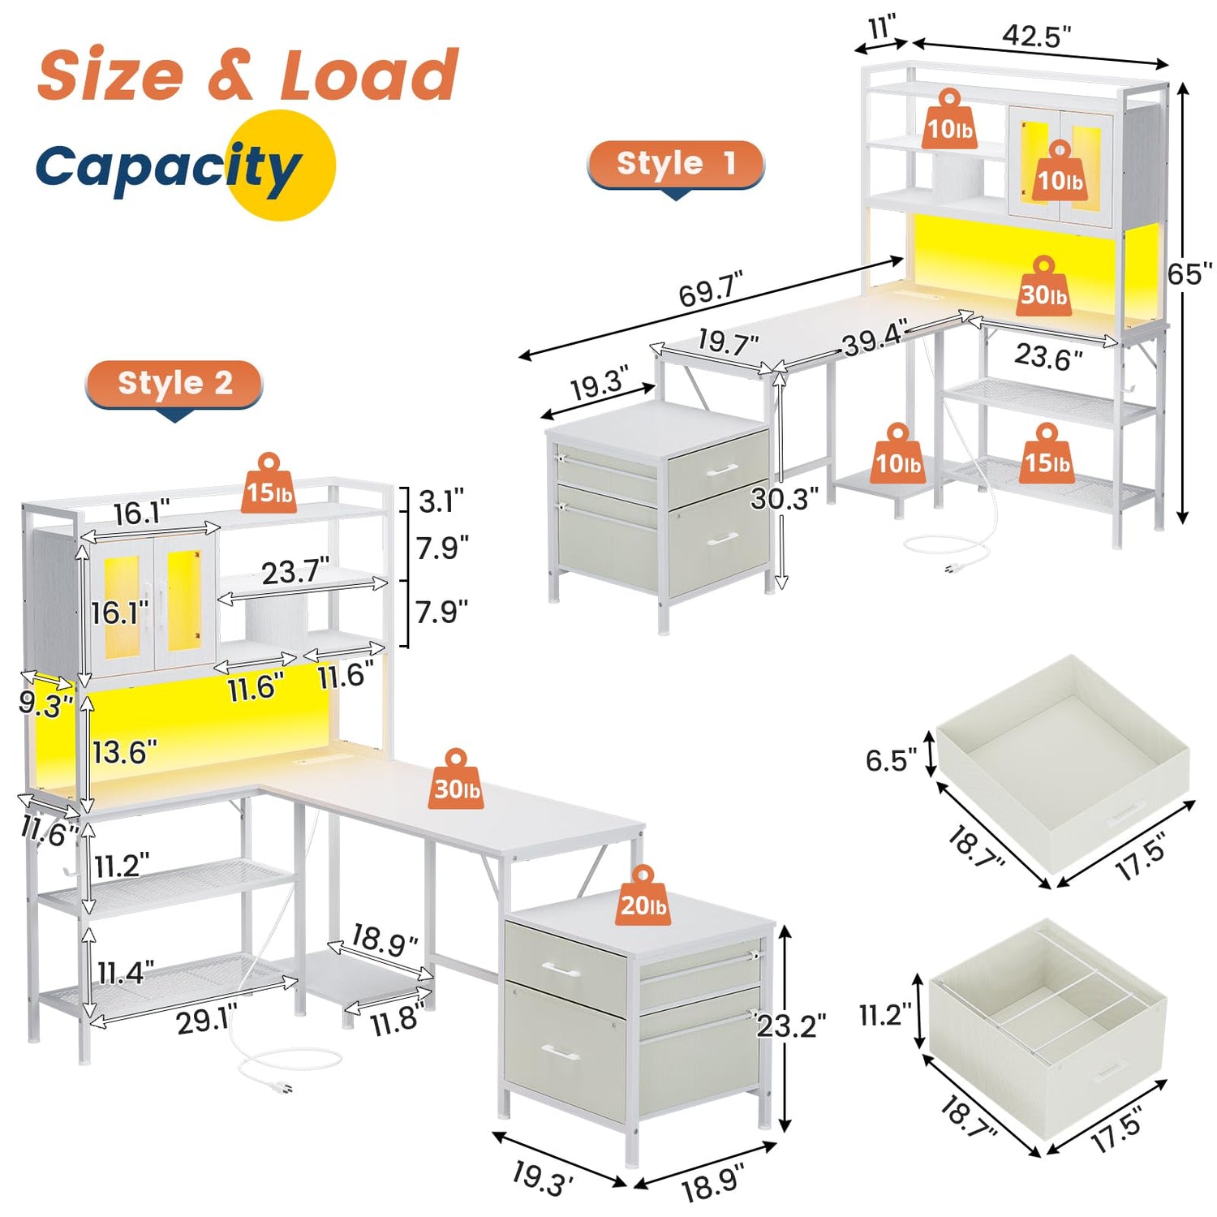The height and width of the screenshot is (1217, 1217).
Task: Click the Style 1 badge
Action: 676,165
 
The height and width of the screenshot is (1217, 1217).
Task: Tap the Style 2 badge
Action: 174,384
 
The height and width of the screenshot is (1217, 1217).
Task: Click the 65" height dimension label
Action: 1189,274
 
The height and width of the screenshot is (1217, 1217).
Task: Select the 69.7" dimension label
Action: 711,289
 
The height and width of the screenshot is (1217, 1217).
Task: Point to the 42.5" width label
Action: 1036,36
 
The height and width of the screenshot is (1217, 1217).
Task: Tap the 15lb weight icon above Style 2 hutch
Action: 269,484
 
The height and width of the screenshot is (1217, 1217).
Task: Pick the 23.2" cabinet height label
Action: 791,1026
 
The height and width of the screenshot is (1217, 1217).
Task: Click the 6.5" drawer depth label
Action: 891,760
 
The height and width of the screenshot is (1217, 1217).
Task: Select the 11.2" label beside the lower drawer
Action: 885,1014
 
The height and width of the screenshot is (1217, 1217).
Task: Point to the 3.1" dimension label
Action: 441,501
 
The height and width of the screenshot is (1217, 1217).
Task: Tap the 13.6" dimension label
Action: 124,752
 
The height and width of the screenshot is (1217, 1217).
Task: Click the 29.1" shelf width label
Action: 208,1021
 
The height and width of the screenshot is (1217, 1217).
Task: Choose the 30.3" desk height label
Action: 784,498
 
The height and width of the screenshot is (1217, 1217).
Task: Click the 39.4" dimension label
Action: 875,339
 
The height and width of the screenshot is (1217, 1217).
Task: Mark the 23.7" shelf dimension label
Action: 295,572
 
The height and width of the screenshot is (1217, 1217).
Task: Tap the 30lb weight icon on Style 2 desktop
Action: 456,780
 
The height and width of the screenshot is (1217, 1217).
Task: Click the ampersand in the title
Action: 230,75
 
